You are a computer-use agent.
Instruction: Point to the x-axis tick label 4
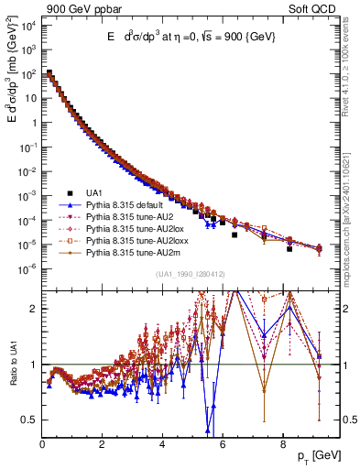pos(162,446)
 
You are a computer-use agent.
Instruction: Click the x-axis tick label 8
pos(282,446)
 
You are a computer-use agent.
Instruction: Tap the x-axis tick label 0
pos(42,446)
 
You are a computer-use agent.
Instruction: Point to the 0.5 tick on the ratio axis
pos(29,420)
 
